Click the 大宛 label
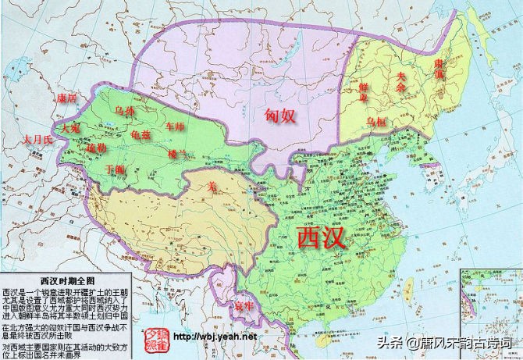(x=60, y=127)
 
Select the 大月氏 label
(x=36, y=139)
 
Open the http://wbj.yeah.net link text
(x=215, y=337)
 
